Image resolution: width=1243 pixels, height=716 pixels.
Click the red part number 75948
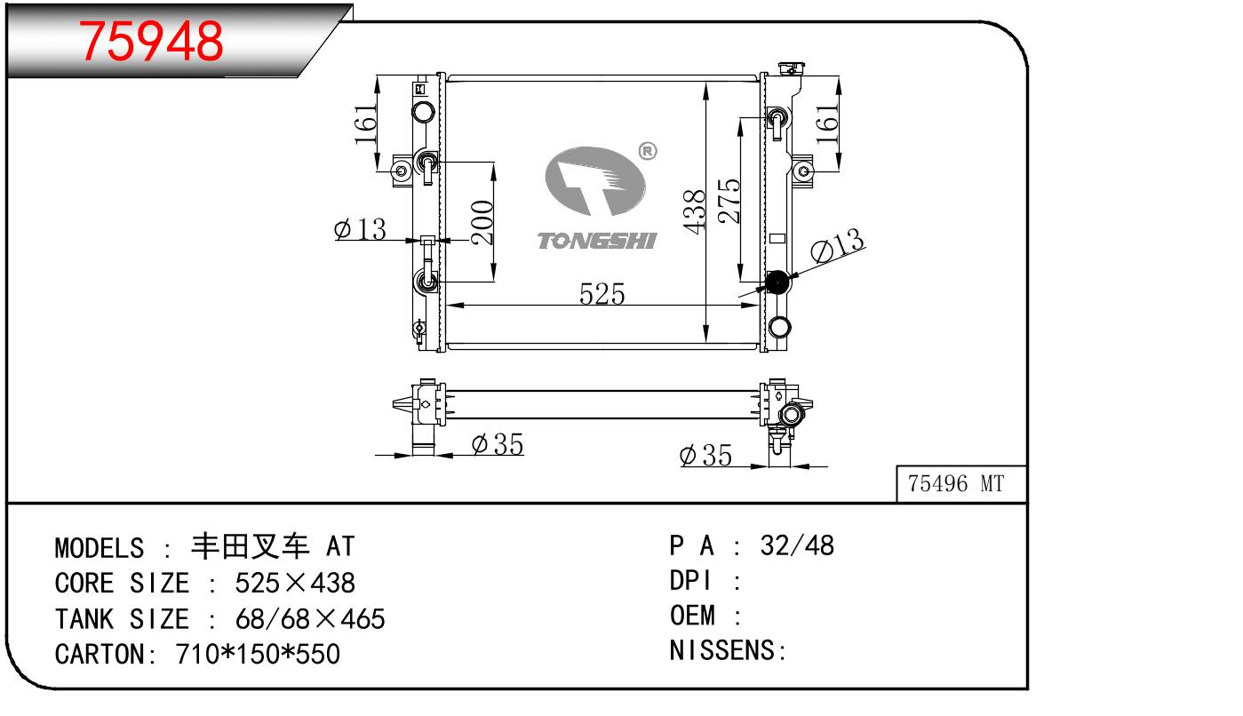(151, 41)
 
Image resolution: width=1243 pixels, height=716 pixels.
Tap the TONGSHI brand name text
(596, 241)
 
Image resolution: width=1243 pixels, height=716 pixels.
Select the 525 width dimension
(602, 294)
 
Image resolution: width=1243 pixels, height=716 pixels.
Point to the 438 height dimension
(695, 211)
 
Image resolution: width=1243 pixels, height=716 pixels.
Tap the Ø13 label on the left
(360, 230)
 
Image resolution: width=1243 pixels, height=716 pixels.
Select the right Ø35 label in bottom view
(705, 456)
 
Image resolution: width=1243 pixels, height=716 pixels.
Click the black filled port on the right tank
(777, 283)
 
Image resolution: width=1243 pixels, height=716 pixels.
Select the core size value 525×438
(294, 583)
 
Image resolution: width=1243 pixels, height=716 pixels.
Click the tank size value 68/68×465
(309, 618)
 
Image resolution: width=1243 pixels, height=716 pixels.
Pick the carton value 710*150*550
(258, 654)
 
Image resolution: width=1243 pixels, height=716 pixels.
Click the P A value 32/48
(797, 545)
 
